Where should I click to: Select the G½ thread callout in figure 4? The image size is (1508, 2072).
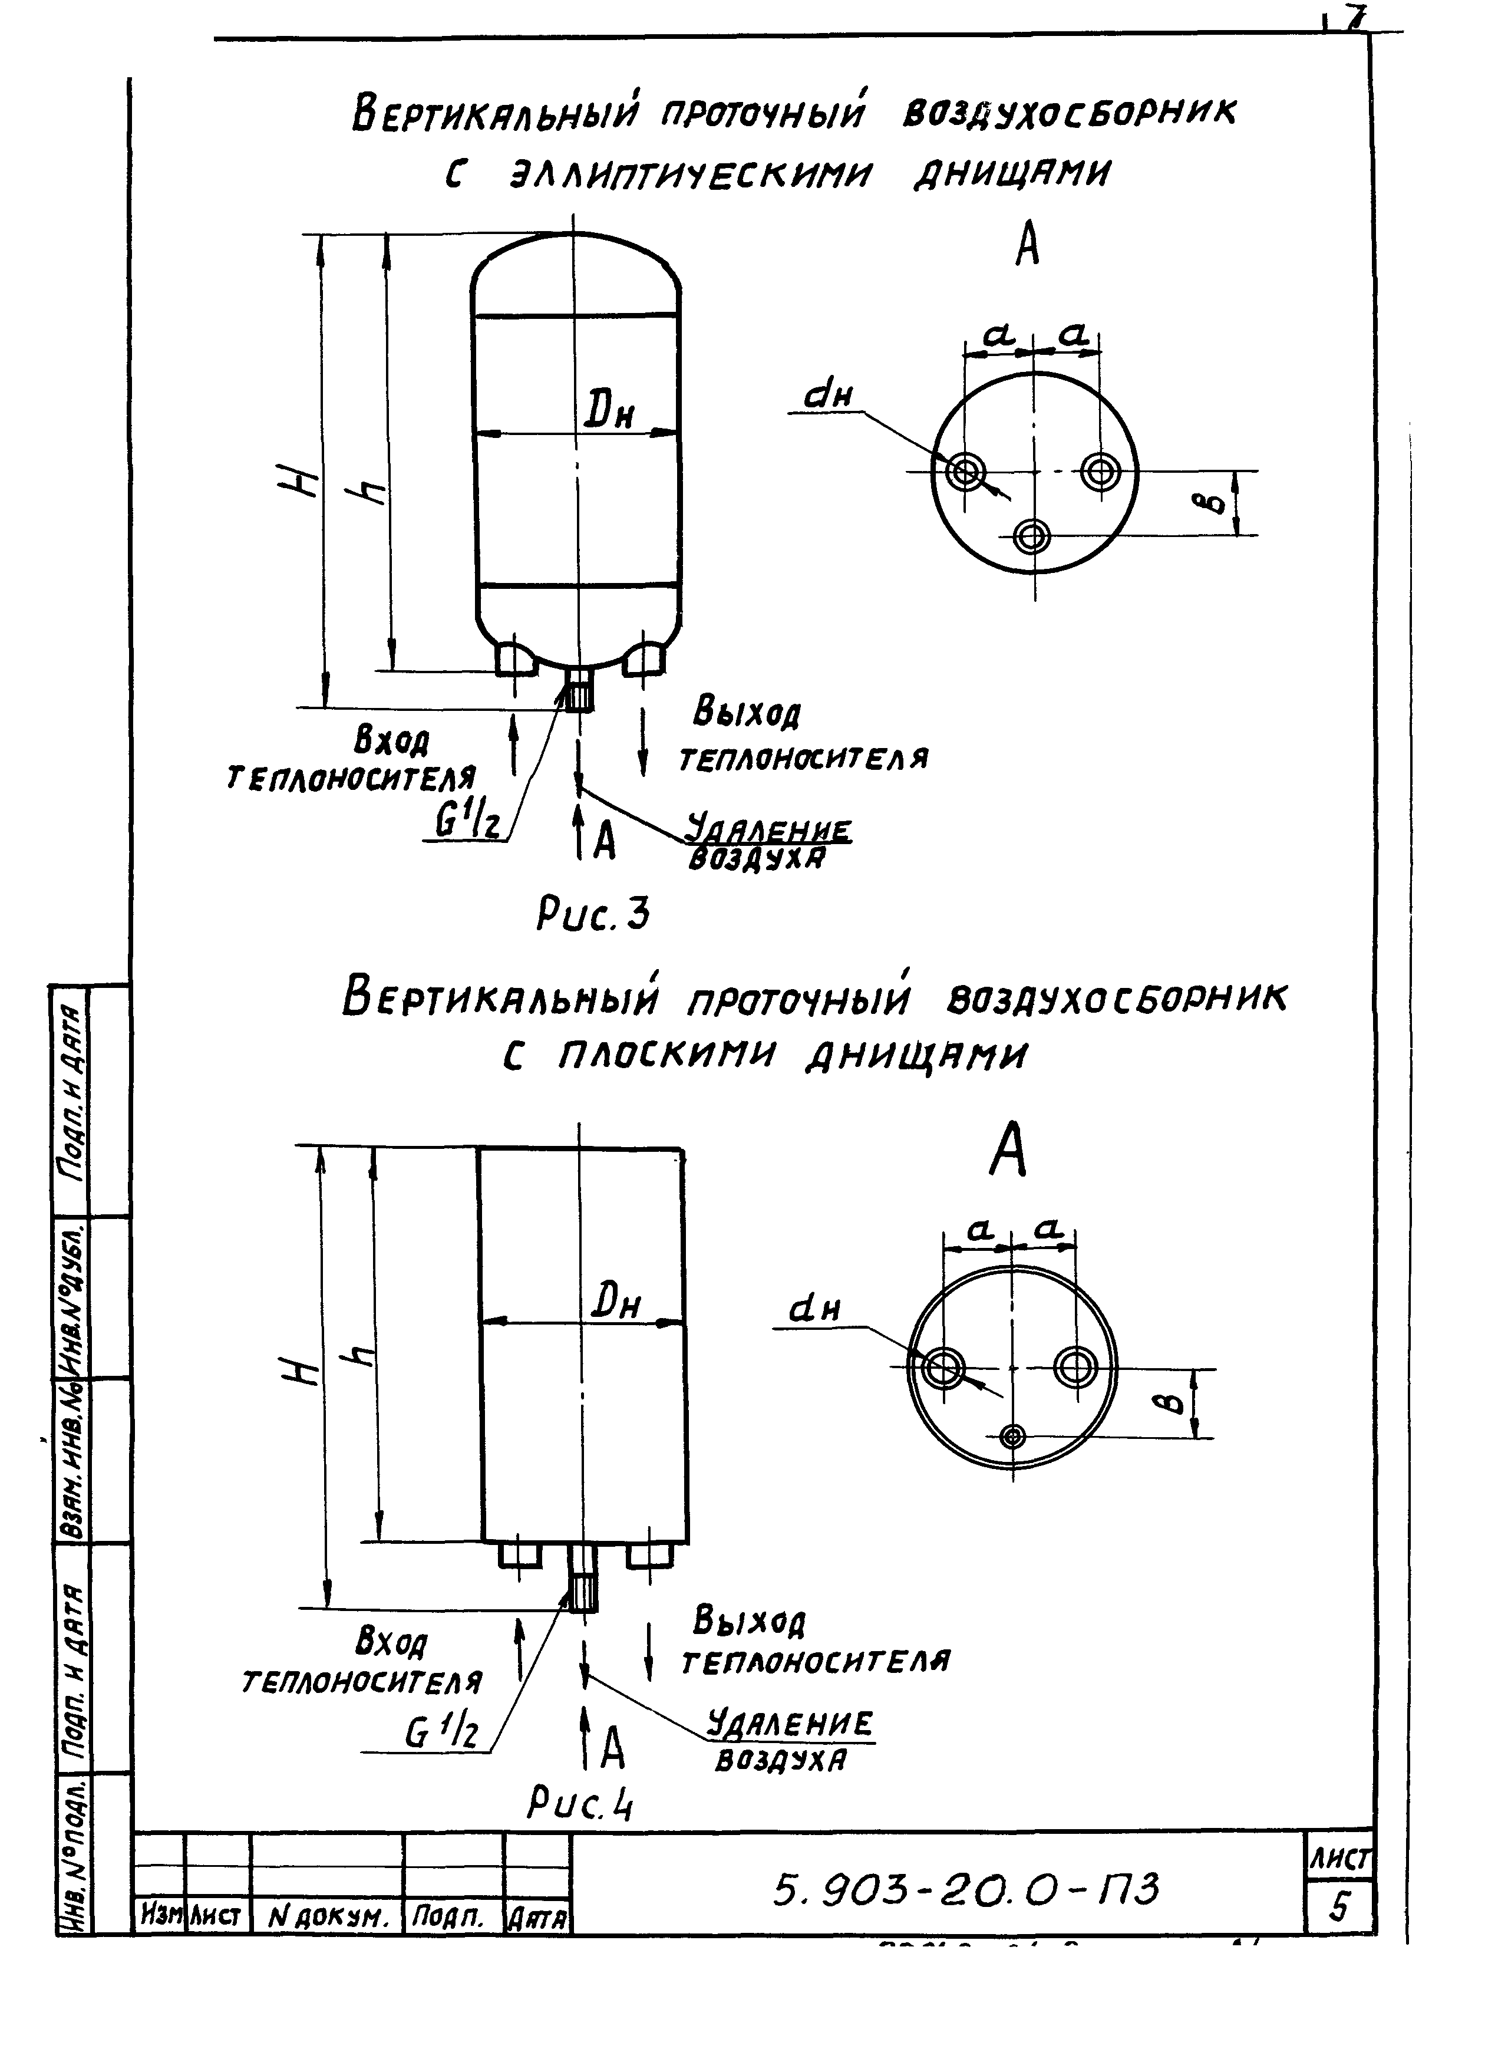pyautogui.click(x=442, y=1732)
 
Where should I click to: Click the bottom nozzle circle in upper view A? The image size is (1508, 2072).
pyautogui.click(x=1032, y=536)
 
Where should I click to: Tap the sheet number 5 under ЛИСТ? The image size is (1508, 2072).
pyautogui.click(x=1339, y=1908)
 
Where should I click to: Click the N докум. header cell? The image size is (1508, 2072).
pyautogui.click(x=327, y=1918)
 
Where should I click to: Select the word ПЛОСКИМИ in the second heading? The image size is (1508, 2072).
pyautogui.click(x=665, y=1057)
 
